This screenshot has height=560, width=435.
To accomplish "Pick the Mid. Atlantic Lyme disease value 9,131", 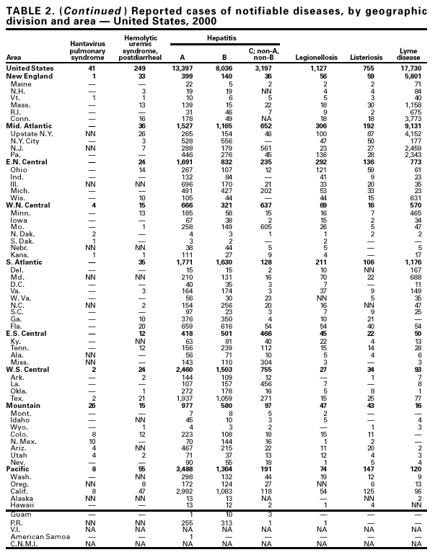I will pyautogui.click(x=409, y=126).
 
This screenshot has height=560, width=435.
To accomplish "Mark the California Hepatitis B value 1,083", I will pyautogui.click(x=226, y=491).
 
